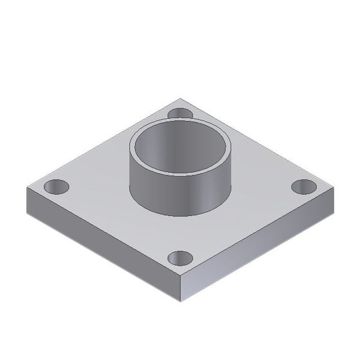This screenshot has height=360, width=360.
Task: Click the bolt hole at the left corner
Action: [x=56, y=187]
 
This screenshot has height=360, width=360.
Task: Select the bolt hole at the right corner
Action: [x=304, y=187]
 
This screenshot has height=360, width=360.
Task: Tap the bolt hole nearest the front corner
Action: [x=180, y=259]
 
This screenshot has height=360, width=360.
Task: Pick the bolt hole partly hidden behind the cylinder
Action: [x=179, y=113]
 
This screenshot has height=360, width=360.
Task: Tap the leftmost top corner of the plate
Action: [x=27, y=188]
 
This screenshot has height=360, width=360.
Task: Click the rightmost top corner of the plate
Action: [x=334, y=188]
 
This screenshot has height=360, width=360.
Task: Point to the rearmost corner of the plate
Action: [x=180, y=99]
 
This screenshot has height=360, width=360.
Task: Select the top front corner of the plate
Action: [x=180, y=278]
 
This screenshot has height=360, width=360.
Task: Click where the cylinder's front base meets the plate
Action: [x=180, y=216]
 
